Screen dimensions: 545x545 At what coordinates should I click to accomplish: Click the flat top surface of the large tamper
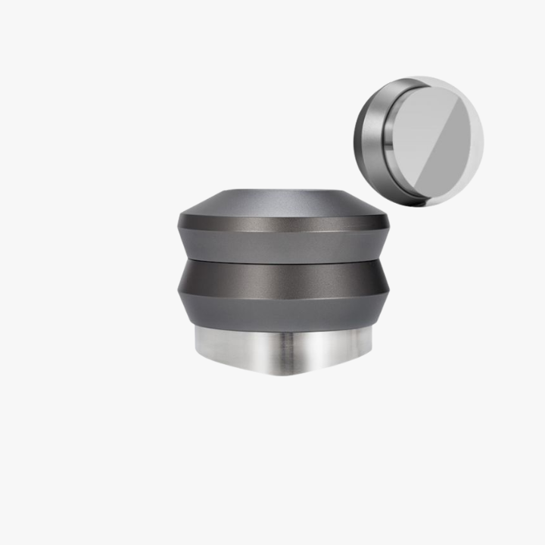pos(284,192)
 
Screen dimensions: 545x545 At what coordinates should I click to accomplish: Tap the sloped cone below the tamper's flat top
pos(284,205)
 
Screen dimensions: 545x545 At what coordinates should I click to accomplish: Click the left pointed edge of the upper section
pos(180,223)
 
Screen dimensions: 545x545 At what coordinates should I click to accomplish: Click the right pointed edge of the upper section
pos(388,223)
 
